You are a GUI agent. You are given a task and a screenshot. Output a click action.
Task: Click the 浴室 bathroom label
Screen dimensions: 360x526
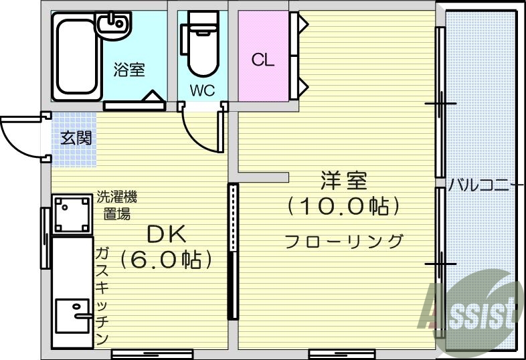coord(129,70)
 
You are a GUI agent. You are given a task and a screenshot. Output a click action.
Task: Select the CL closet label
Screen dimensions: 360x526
coord(263,60)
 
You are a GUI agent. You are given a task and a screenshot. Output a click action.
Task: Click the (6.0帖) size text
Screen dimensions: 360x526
coord(166,259)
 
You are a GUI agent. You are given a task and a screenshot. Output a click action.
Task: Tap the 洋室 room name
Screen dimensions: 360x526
coord(343,181)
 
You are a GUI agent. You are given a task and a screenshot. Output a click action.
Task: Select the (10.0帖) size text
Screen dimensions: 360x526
coord(343,206)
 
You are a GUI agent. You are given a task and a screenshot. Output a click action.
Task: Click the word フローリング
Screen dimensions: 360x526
coord(344,241)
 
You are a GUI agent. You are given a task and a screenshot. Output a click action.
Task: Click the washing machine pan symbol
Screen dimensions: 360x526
coord(72,213)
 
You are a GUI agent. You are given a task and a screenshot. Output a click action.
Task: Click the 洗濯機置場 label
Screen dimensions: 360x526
coord(117,205)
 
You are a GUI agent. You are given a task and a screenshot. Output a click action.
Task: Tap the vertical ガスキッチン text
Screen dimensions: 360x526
coord(102,294)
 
